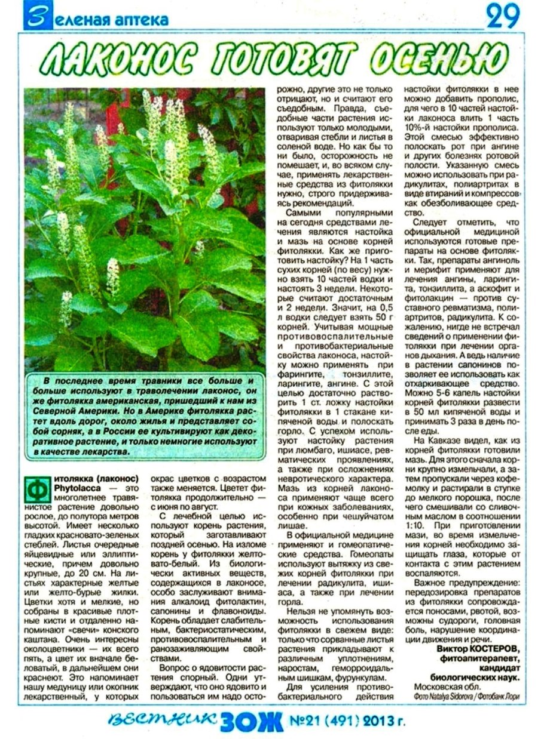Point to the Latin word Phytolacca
tap(75, 488)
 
